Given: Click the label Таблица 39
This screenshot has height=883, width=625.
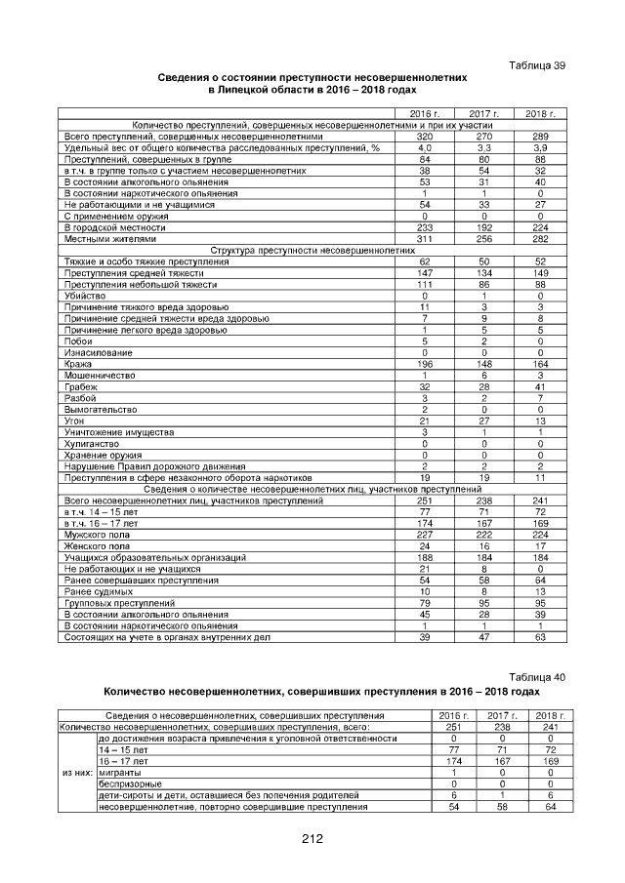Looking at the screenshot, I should (x=537, y=65).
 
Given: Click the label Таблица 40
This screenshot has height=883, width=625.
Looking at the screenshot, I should (x=537, y=677).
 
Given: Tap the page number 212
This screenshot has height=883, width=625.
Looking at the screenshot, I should (x=312, y=838).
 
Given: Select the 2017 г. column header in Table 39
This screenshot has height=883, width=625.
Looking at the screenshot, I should (x=483, y=115).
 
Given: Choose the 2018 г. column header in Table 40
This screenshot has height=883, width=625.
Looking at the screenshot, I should (x=551, y=716).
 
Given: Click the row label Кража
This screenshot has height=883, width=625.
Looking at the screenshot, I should (x=75, y=364).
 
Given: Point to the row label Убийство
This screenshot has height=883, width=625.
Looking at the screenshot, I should (x=81, y=295).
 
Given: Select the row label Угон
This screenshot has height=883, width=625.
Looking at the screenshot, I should (x=72, y=421).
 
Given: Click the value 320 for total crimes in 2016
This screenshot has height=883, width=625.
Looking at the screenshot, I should (x=425, y=138).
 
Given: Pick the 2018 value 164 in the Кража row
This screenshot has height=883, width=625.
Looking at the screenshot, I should (x=540, y=364).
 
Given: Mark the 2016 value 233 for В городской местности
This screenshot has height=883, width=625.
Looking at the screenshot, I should (x=425, y=227).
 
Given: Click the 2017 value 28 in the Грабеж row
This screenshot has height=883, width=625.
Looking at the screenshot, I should (x=483, y=386).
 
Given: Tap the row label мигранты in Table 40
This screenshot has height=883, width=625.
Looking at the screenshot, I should (x=120, y=772).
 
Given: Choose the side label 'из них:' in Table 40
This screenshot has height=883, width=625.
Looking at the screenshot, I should (x=78, y=772).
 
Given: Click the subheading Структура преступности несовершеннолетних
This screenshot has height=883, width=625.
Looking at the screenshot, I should (x=312, y=251).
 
